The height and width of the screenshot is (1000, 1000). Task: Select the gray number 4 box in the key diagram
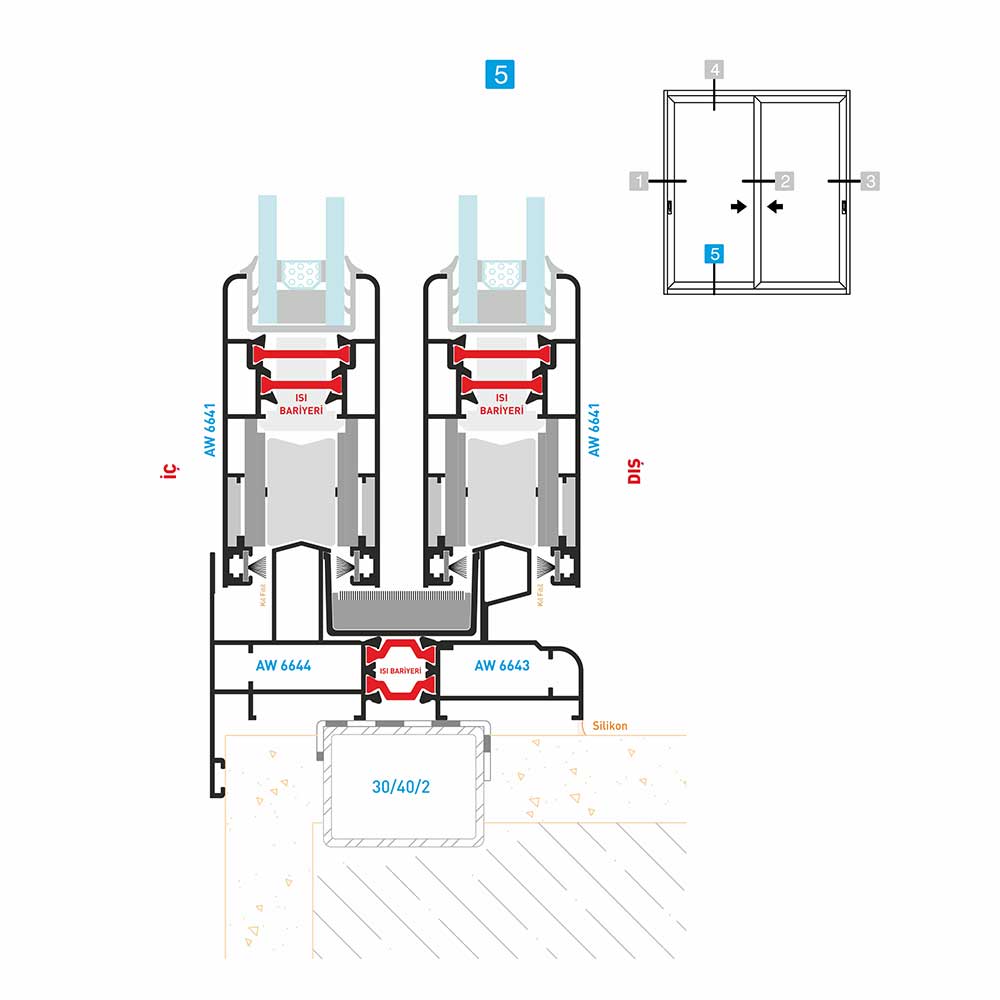[x=714, y=70]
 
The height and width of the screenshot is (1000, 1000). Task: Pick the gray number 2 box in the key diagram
[x=785, y=181]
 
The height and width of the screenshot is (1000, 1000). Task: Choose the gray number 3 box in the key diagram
[x=870, y=181]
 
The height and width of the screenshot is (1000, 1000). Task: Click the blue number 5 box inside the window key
[x=714, y=254]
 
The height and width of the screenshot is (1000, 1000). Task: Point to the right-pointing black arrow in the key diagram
[x=738, y=206]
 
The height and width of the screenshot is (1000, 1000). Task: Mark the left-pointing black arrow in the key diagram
[x=775, y=206]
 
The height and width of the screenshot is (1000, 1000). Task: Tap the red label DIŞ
[x=634, y=470]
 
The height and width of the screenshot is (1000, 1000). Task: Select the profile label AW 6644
[x=283, y=666]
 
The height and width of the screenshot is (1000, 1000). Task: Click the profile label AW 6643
[x=502, y=666]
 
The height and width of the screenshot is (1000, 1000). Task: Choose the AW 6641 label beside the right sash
[x=594, y=430]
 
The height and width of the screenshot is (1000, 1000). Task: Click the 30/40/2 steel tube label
[x=401, y=787]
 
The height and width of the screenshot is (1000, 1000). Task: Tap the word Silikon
[x=612, y=728]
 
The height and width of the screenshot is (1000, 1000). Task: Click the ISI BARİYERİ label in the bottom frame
[x=401, y=670]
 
